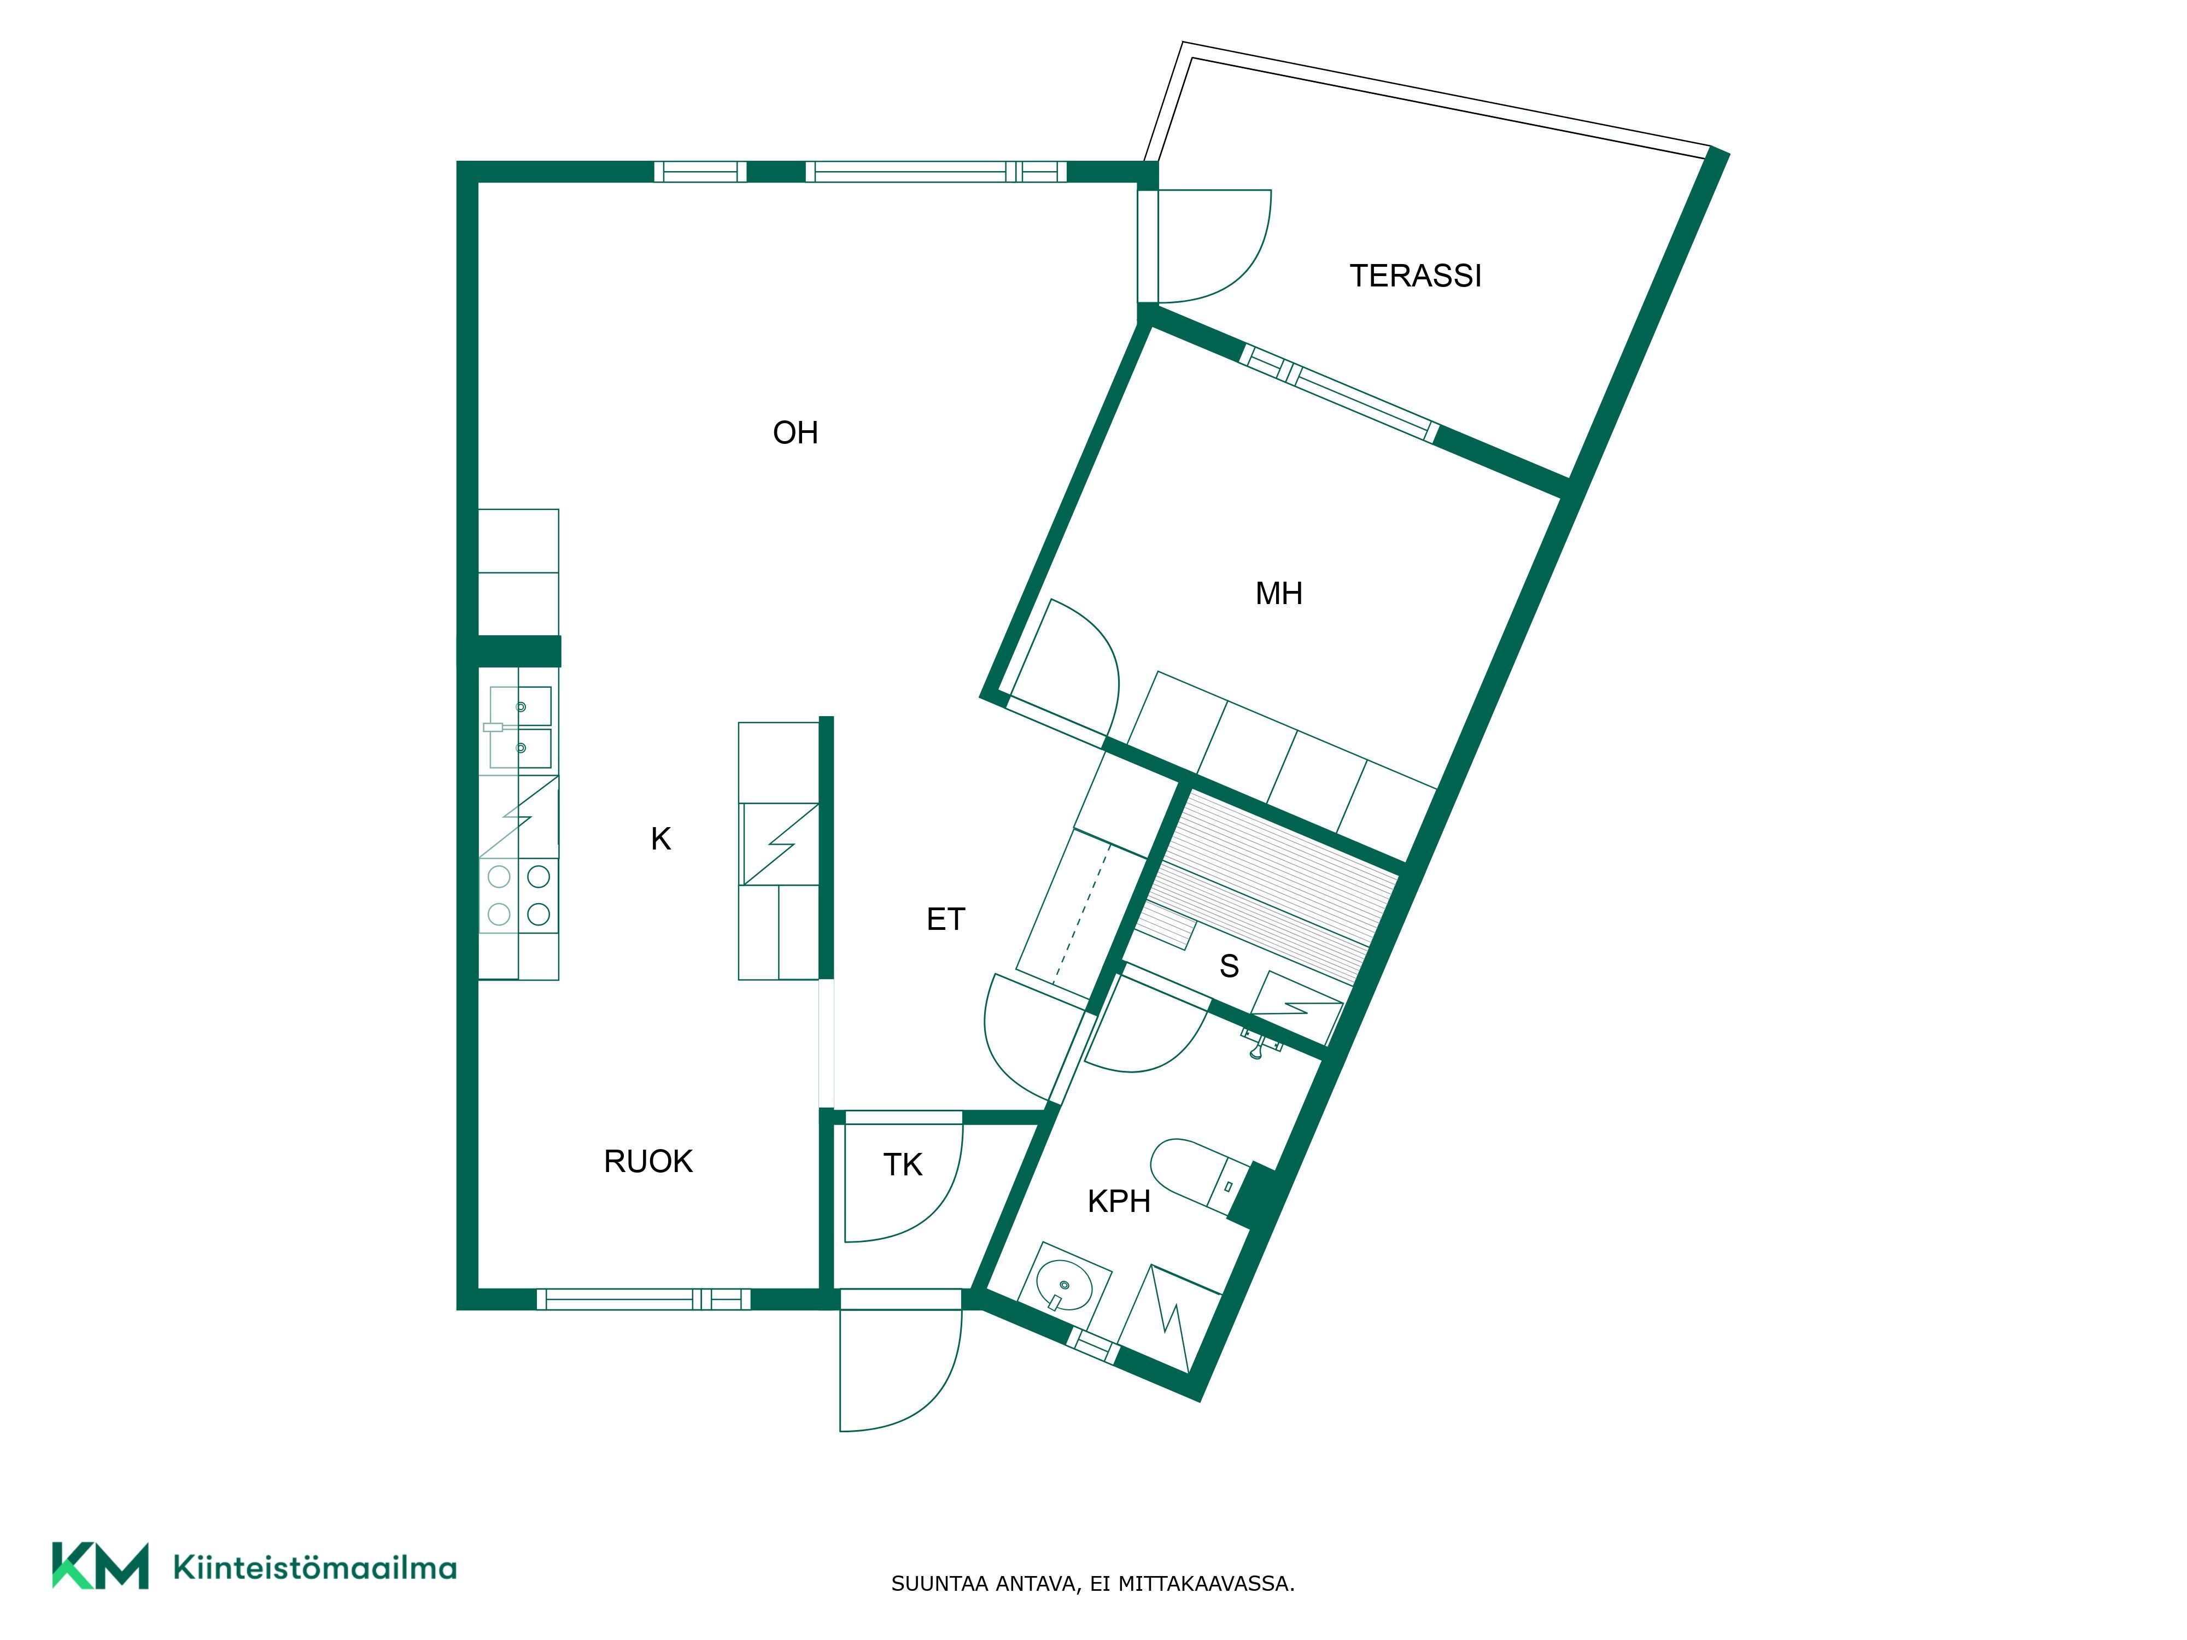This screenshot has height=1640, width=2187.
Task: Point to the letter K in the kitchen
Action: pos(660,839)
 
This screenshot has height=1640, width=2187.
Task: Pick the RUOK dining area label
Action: pos(648,1162)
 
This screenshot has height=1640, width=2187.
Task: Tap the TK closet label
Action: pos(903,1165)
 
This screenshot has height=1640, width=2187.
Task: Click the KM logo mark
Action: pos(100,1566)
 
